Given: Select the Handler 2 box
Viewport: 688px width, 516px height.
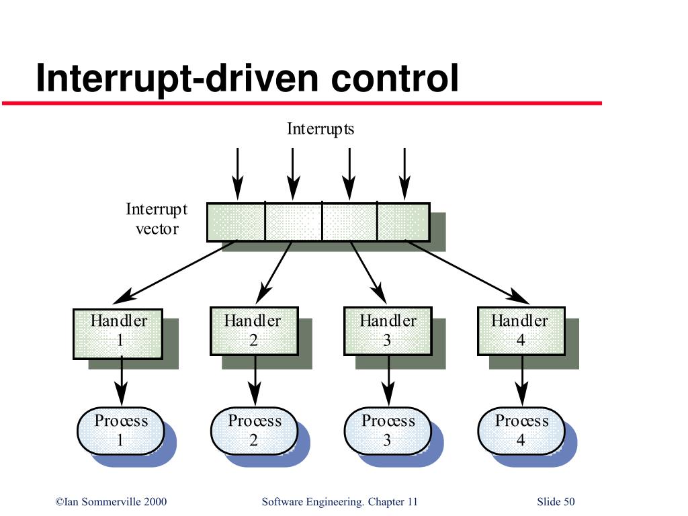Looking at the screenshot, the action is (x=255, y=331).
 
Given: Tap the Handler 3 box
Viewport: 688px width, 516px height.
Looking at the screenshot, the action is (x=388, y=331).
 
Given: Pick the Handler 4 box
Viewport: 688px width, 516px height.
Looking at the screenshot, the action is (x=521, y=331).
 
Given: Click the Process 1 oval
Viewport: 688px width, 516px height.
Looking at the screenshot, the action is (x=121, y=431).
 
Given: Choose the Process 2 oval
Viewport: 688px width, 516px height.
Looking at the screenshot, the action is (x=255, y=431).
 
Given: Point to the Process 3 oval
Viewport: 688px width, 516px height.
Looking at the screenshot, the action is (x=388, y=431).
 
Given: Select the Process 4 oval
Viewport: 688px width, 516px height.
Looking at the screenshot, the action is (x=521, y=431).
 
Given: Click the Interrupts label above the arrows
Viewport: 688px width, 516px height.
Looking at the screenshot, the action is (x=320, y=129).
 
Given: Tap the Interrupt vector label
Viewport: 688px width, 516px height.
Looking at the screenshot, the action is (x=157, y=219).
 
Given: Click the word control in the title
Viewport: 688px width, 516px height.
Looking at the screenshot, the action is (x=394, y=78).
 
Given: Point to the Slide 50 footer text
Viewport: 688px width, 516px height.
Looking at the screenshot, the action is (x=556, y=501).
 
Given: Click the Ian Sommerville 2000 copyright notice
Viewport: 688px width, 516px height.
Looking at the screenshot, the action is (x=111, y=501).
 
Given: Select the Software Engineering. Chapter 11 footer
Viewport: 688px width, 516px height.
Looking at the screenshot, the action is (x=339, y=502).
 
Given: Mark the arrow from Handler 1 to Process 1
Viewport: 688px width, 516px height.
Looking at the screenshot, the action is (x=122, y=381).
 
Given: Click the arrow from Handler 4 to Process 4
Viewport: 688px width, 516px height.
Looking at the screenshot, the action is (x=521, y=381).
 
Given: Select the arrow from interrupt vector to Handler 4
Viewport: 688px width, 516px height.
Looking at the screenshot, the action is (x=468, y=272).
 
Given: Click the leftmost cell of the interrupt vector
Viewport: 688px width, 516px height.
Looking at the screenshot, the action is (x=236, y=222).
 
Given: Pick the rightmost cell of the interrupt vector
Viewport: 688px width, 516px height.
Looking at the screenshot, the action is (x=403, y=222).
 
